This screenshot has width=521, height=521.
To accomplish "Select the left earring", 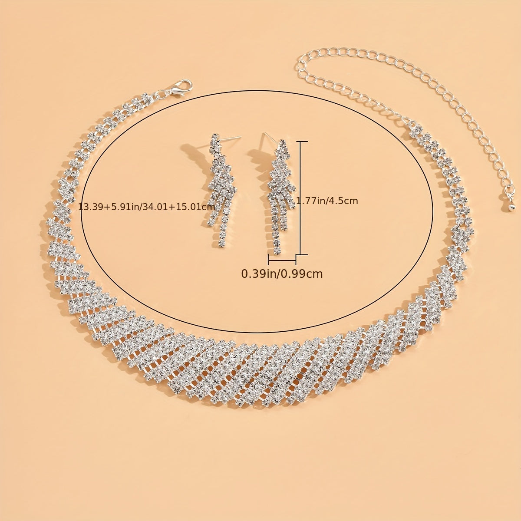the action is pos(221,191).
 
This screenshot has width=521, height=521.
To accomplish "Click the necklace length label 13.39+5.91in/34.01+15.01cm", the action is pos(147,207).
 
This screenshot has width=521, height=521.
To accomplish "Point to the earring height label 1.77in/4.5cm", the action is pos(327,201).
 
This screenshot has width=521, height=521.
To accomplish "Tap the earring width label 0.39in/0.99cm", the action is pos(282,274).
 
